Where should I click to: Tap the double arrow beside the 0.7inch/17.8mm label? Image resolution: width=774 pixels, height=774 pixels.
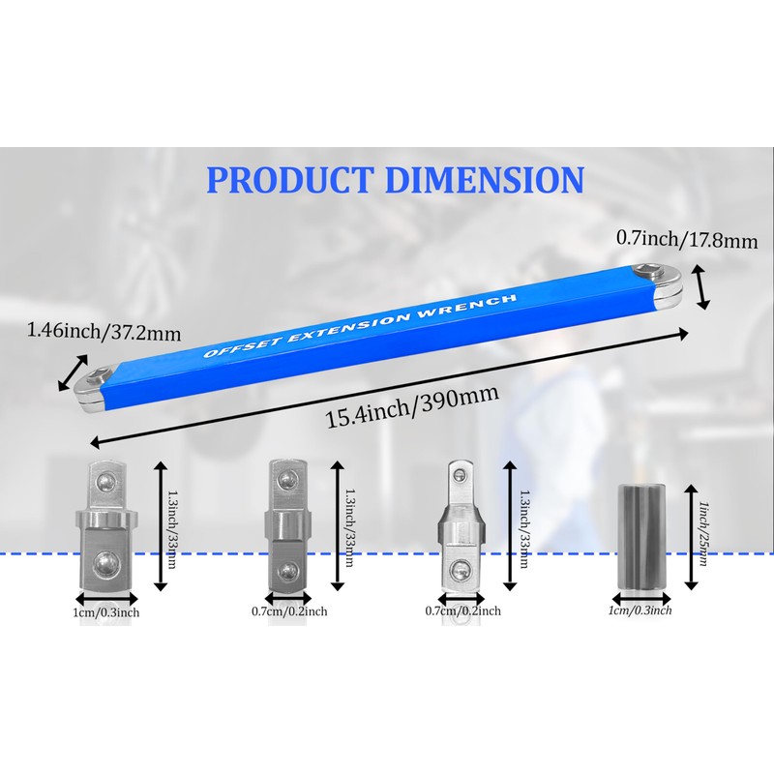tap(703, 288)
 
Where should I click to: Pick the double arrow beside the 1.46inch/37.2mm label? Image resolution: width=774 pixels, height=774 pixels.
tap(74, 371)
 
